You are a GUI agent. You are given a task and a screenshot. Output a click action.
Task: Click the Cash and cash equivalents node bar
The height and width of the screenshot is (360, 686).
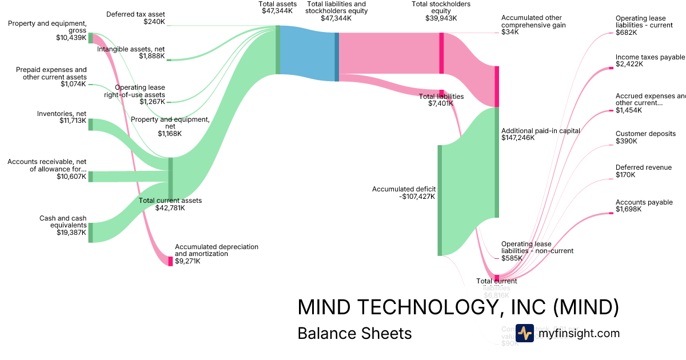coord(90,233)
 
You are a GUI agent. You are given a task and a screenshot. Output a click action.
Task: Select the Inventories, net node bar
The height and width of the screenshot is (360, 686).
coord(90,125)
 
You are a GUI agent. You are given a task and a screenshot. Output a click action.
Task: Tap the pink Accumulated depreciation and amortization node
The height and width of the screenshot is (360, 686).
coord(170,261)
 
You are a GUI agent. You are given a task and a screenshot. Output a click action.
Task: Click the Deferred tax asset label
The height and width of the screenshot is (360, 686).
coord(136,14)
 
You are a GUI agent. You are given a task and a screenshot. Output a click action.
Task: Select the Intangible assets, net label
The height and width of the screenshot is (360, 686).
coord(131,49)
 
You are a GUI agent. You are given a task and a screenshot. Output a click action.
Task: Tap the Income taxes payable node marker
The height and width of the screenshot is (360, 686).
coord(613,68)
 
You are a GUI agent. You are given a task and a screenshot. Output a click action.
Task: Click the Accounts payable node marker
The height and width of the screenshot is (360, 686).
coord(613,213)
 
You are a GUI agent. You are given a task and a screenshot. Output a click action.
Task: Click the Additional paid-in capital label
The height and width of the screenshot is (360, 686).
coord(540,130)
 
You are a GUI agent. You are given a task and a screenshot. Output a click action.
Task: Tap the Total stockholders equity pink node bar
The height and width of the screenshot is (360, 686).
coord(441,53)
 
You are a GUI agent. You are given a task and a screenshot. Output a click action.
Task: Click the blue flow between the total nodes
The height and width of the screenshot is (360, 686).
coord(307,53)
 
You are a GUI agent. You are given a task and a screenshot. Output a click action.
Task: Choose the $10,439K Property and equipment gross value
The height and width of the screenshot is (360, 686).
coord(71,38)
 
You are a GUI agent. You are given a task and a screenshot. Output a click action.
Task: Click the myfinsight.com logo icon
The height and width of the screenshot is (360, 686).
coord(524,333)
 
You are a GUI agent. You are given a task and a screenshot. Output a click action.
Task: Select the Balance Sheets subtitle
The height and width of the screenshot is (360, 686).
coord(354,333)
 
